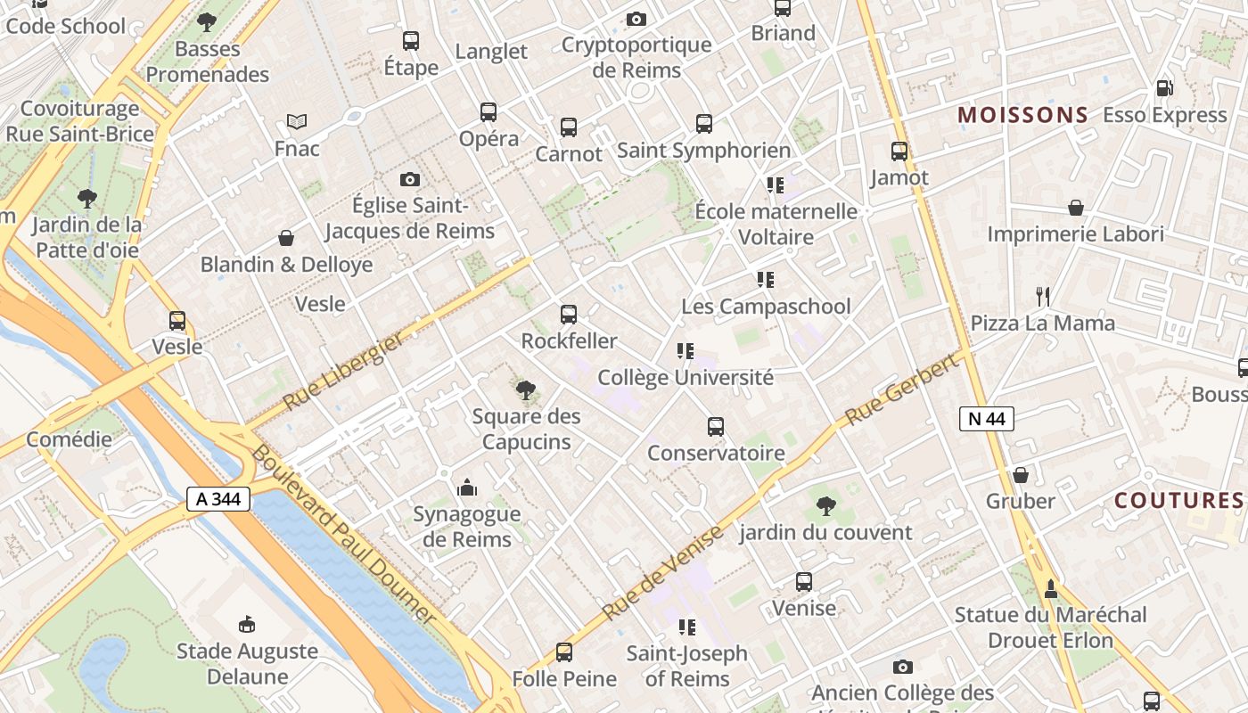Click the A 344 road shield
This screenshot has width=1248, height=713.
pyautogui.click(x=218, y=499)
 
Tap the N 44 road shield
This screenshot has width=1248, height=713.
pyautogui.click(x=987, y=419)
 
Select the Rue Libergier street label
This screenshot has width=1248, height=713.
pyautogui.click(x=343, y=372)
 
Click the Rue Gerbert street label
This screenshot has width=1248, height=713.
pyautogui.click(x=907, y=389)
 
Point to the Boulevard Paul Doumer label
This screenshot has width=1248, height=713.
pyautogui.click(x=343, y=535)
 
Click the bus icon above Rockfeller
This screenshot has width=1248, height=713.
pyautogui.click(x=569, y=315)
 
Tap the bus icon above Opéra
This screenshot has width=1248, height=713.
pyautogui.click(x=489, y=112)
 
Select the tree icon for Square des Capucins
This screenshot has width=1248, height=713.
pyautogui.click(x=526, y=389)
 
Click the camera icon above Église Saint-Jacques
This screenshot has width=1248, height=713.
pyautogui.click(x=410, y=179)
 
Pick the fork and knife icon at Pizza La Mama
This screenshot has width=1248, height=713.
pyautogui.click(x=1043, y=296)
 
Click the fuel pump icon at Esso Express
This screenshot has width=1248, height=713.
pyautogui.click(x=1164, y=88)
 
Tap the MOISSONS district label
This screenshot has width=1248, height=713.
pyautogui.click(x=1022, y=115)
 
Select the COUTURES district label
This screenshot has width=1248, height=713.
pyautogui.click(x=1178, y=500)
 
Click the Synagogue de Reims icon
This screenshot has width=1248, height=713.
pyautogui.click(x=466, y=488)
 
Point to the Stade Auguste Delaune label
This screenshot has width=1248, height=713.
pyautogui.click(x=247, y=663)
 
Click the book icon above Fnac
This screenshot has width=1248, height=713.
pyautogui.click(x=297, y=121)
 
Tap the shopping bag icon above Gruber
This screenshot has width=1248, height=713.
pyautogui.click(x=1021, y=474)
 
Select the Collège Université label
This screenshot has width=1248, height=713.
pyautogui.click(x=685, y=377)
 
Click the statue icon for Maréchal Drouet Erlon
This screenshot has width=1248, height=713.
pyautogui.click(x=1051, y=588)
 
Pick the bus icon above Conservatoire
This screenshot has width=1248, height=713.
pyautogui.click(x=716, y=426)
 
